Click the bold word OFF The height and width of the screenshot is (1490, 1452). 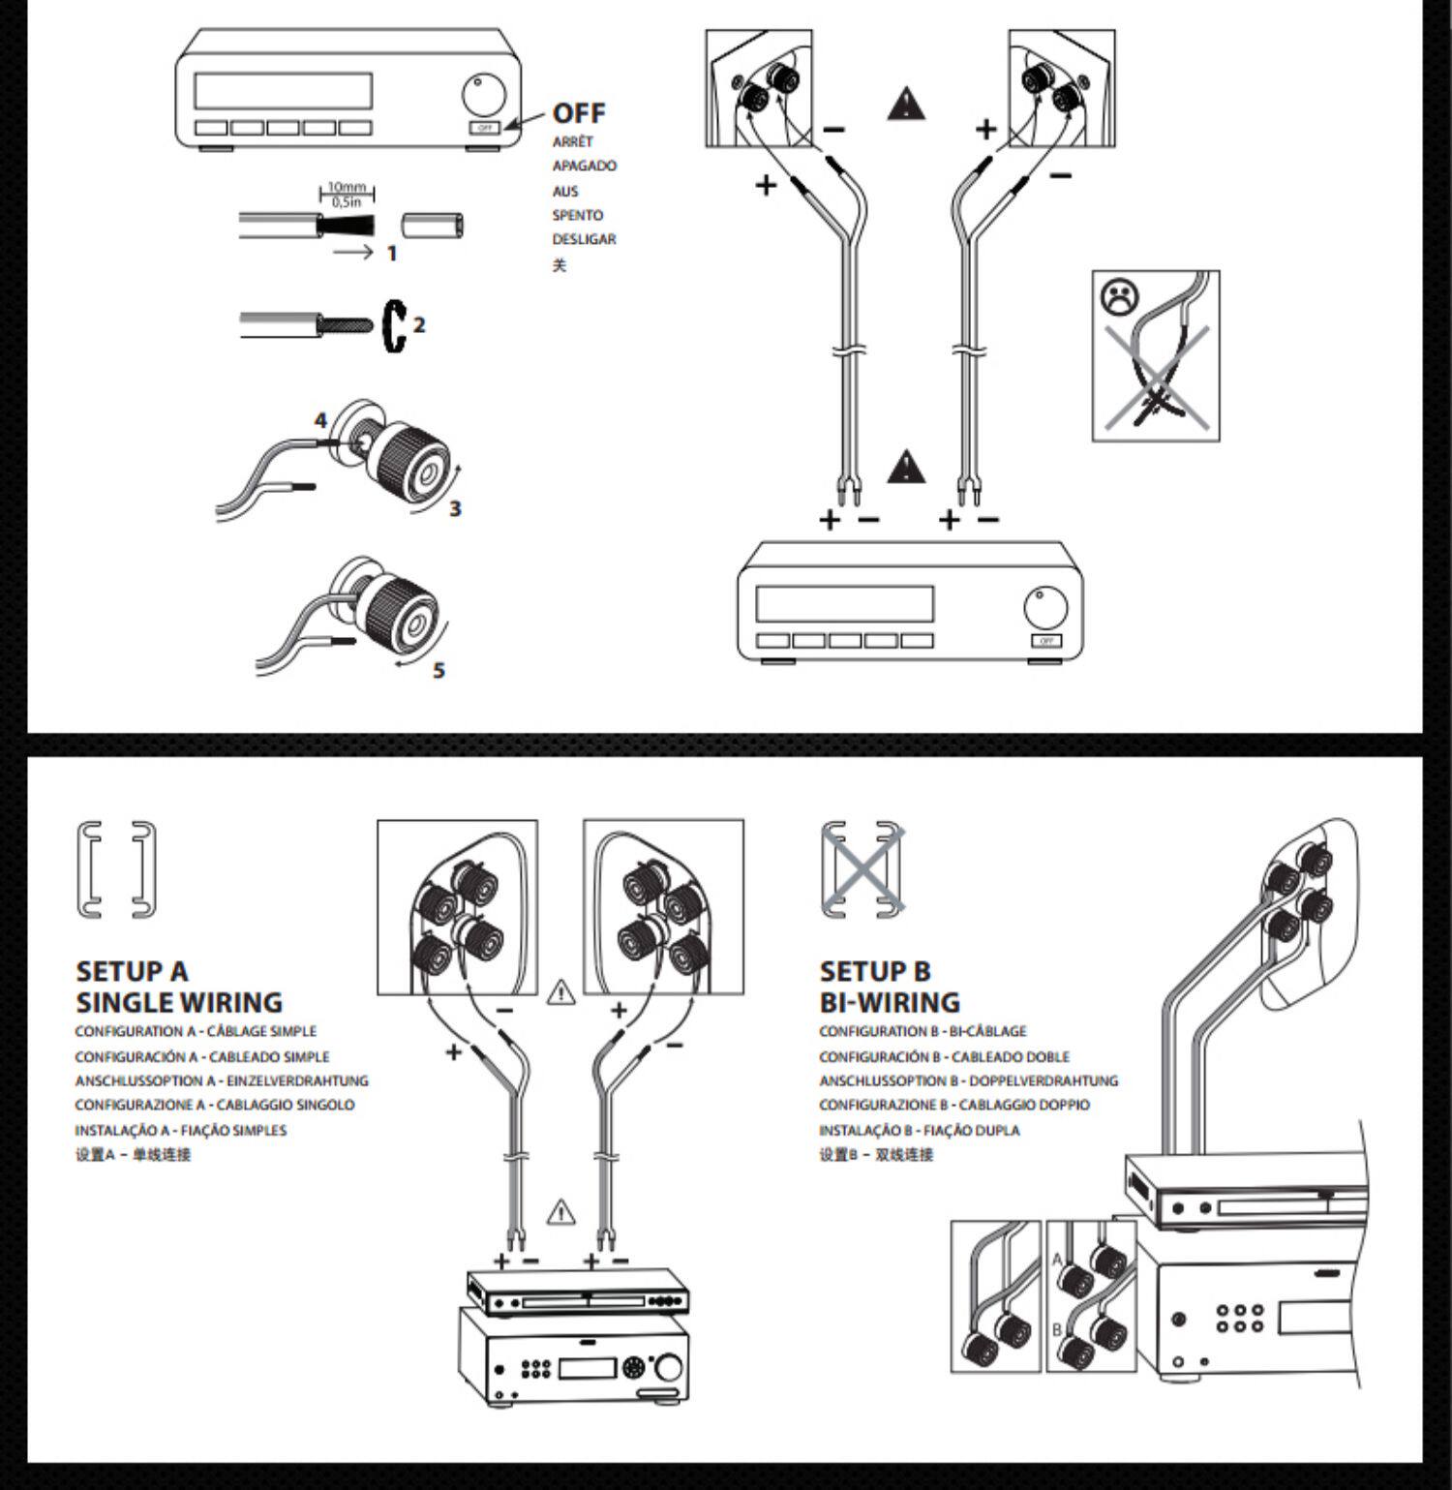(x=578, y=113)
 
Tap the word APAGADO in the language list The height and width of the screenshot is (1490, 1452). (x=584, y=166)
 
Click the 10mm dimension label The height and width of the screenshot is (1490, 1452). (x=346, y=187)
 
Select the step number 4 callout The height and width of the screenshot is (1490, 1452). (x=320, y=421)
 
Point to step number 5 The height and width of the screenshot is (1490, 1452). (x=439, y=670)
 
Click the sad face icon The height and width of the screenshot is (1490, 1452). (x=1120, y=296)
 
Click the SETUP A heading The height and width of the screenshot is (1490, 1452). (x=132, y=971)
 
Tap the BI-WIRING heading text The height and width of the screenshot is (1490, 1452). (x=890, y=1002)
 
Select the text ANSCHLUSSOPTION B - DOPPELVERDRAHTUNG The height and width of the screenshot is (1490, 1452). (x=968, y=1080)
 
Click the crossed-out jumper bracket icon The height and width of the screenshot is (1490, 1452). (x=862, y=869)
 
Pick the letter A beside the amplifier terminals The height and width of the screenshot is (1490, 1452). (x=1057, y=1260)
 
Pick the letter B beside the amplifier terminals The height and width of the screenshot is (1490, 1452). (x=1057, y=1329)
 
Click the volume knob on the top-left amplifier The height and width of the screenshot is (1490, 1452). (x=483, y=95)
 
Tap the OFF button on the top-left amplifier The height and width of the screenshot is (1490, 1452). (x=485, y=128)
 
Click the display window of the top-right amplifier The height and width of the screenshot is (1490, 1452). (x=844, y=604)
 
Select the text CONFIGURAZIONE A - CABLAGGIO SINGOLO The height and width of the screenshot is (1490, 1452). (x=215, y=1105)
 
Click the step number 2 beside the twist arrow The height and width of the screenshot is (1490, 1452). (x=419, y=324)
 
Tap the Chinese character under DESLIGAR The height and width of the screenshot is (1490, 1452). (x=559, y=264)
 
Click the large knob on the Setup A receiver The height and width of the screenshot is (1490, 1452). (x=668, y=1369)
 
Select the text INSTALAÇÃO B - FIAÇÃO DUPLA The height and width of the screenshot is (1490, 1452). (x=919, y=1130)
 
